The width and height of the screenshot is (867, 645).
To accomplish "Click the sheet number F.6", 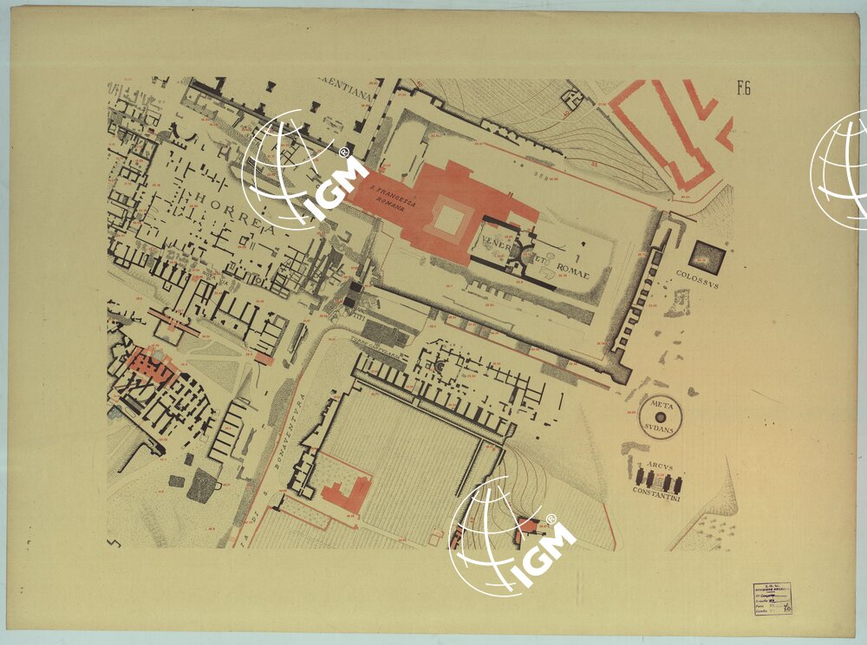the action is pyautogui.click(x=743, y=87).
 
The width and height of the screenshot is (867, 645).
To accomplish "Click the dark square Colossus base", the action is pyautogui.click(x=706, y=257).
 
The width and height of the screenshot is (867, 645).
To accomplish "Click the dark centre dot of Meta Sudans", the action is pyautogui.click(x=661, y=417).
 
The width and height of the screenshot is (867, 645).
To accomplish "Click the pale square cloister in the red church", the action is pyautogui.click(x=448, y=218).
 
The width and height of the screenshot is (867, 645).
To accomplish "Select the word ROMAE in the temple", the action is pyautogui.click(x=572, y=272).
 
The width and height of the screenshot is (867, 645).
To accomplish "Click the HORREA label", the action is pyautogui.click(x=227, y=208).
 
